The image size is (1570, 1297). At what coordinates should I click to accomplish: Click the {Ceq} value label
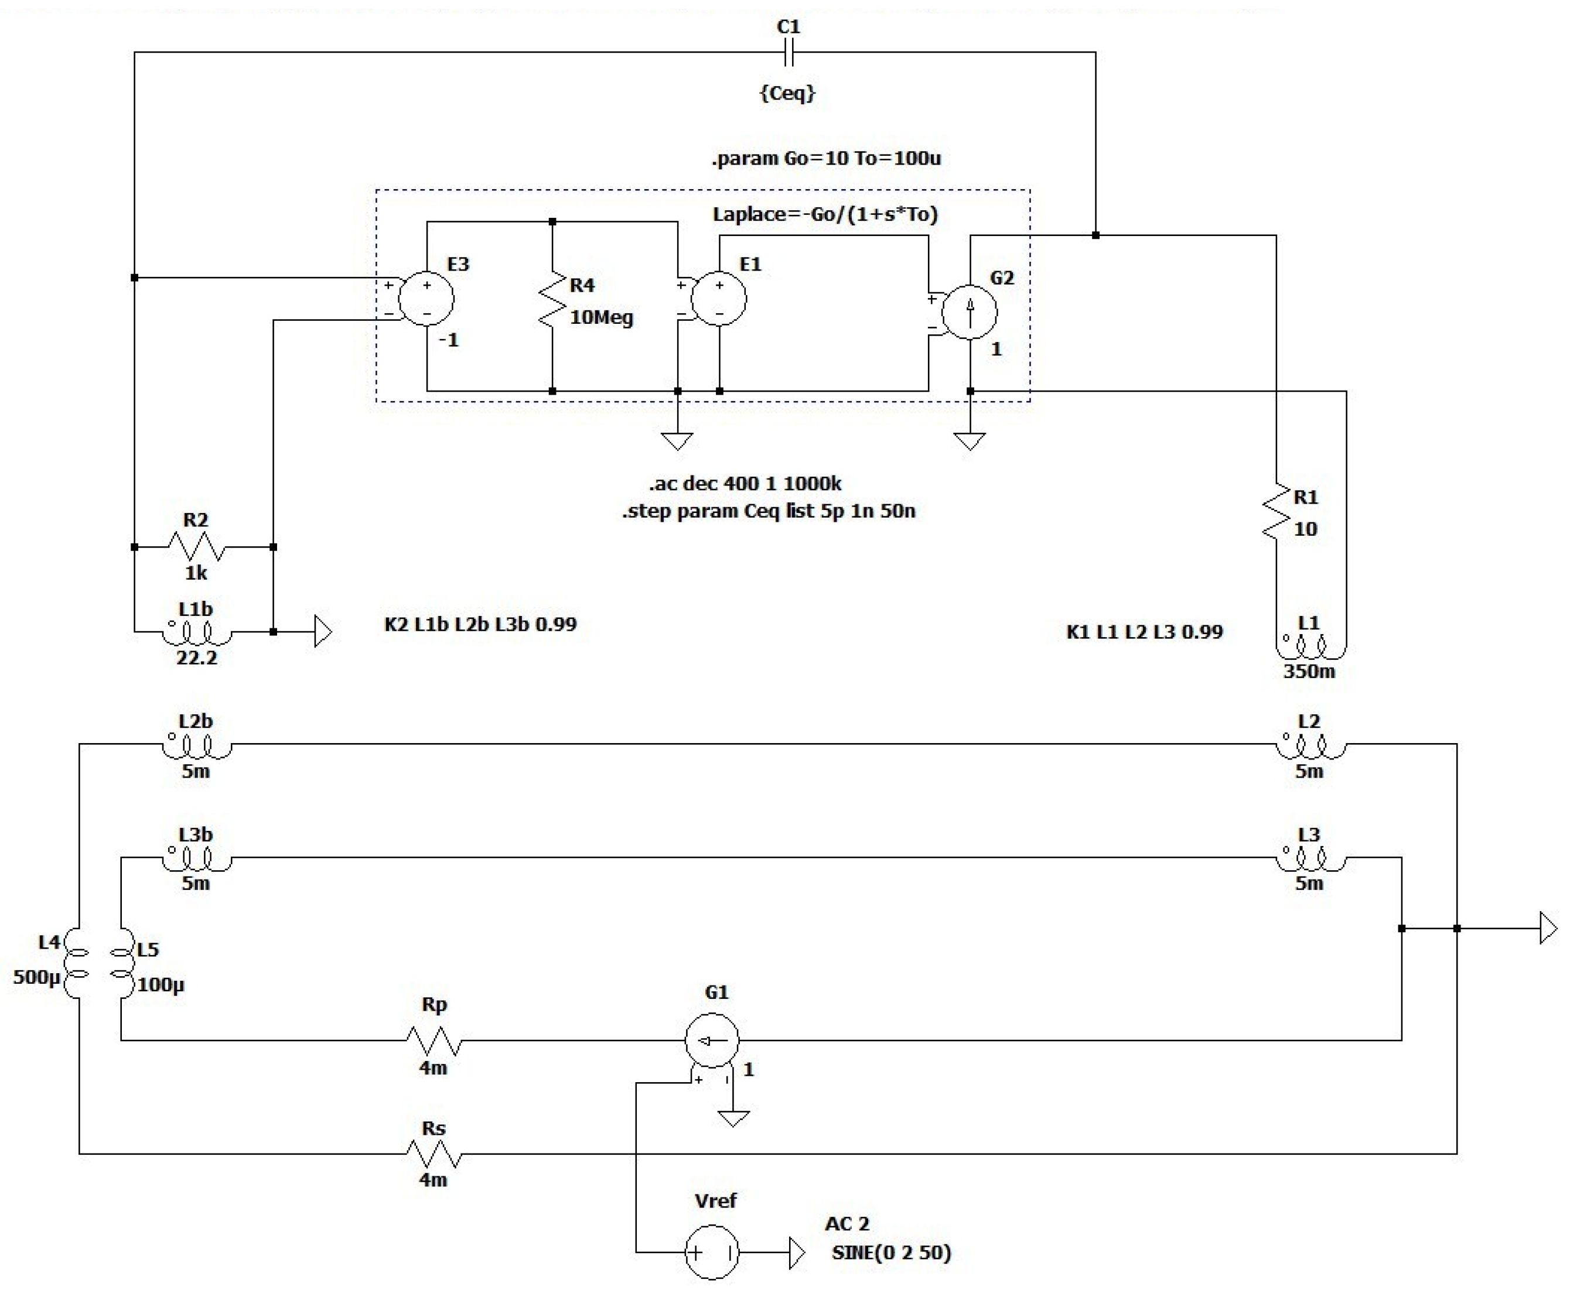(x=787, y=93)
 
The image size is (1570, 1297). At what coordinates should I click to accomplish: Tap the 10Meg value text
(x=601, y=317)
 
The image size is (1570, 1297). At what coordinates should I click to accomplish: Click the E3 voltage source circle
(x=426, y=298)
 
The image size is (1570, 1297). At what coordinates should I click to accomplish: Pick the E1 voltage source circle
(x=719, y=298)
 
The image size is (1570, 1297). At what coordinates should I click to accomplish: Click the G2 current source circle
(x=969, y=312)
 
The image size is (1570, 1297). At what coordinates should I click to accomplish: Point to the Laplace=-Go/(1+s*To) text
(x=824, y=214)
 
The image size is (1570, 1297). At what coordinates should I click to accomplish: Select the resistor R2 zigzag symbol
(x=196, y=547)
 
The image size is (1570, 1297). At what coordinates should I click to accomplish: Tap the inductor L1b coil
(x=196, y=634)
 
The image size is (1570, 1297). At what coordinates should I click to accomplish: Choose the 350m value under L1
(x=1309, y=671)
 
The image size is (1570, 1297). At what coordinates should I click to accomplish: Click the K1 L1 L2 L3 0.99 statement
(x=1144, y=632)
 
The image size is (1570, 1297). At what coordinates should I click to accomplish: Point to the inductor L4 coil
(x=75, y=963)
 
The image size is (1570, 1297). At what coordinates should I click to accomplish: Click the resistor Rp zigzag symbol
(x=434, y=1040)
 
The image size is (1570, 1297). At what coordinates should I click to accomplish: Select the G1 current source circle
(x=711, y=1040)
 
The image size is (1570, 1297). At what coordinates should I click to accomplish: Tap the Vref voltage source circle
(x=711, y=1252)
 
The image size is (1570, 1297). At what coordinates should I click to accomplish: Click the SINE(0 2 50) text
(x=890, y=1253)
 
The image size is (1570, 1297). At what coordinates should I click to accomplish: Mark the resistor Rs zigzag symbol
(x=434, y=1154)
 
